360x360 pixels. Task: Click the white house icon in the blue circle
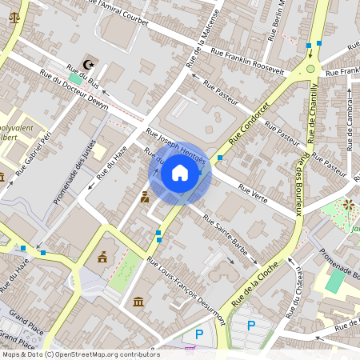pyautogui.click(x=180, y=172)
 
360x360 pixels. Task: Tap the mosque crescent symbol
pyautogui.click(x=77, y=64)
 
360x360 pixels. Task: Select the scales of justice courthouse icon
pyautogui.click(x=13, y=16)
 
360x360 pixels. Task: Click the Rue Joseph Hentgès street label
pyautogui.click(x=176, y=146)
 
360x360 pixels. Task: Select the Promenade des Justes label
pyautogui.click(x=75, y=170)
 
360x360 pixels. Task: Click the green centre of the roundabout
pyautogui.click(x=310, y=69)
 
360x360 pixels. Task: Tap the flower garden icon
pyautogui.click(x=348, y=205)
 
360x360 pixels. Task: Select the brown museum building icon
pyautogui.click(x=139, y=302)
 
